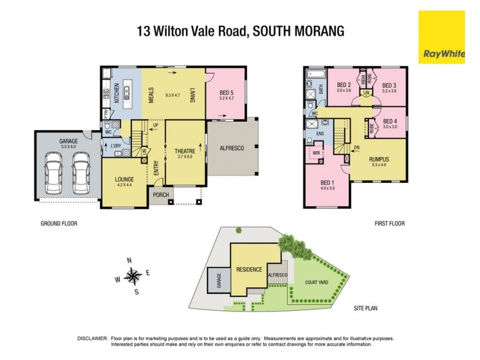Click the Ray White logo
pos(442,37)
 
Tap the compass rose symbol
pos(133,276)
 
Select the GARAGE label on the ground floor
pos(68,142)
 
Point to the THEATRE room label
pos(185,151)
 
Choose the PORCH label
pos(160,196)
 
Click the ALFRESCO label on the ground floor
pos(231,148)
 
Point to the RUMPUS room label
pos(379,159)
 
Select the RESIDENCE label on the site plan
pos(248,269)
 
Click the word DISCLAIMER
pos(92,339)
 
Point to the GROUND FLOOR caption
pos(59,224)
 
